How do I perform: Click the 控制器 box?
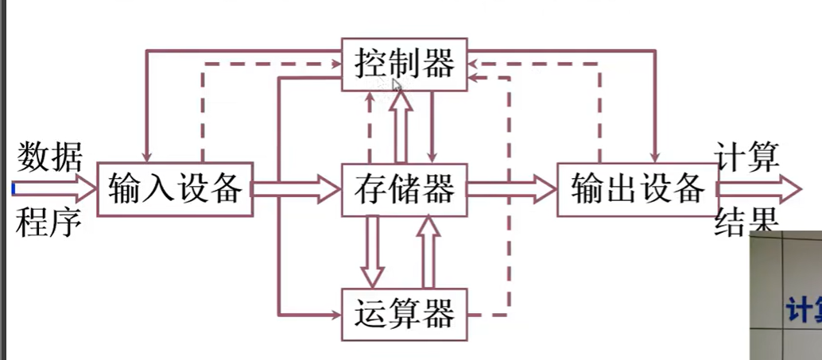pos(405,62)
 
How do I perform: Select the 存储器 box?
pos(405,189)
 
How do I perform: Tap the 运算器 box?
pos(405,313)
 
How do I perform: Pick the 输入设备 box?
pos(175,189)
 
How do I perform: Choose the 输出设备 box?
pos(636,189)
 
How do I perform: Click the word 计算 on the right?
pos(747,155)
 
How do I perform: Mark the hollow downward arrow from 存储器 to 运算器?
pos(374,252)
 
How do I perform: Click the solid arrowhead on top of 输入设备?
pos(145,155)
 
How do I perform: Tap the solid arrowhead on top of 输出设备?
pos(657,155)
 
